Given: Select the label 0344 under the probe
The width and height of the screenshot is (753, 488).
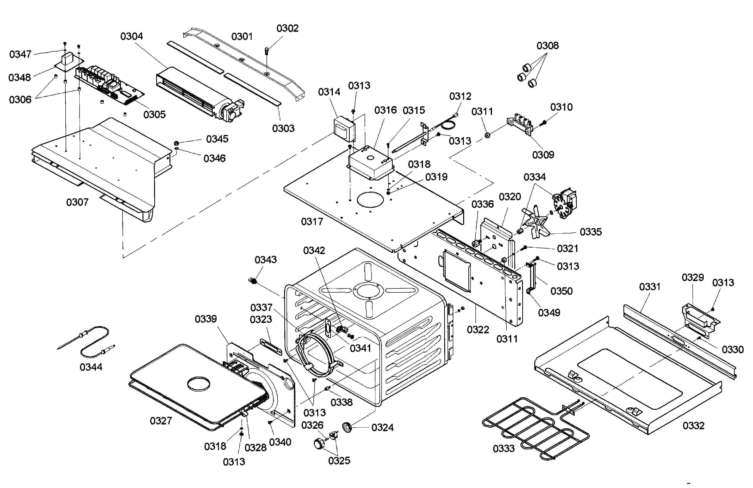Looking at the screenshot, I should coord(91,367).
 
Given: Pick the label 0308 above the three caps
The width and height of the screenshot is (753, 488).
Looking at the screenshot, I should coord(547,46).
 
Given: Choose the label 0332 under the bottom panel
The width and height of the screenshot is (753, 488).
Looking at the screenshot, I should coord(693,426).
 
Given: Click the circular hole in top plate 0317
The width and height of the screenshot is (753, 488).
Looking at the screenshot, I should coord(370,199).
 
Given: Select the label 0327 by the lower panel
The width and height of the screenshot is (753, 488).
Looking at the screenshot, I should coord(161,421).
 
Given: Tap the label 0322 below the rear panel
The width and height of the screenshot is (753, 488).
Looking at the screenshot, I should coord(478,330).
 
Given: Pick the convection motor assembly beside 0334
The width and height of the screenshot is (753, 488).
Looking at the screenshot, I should coord(565,203).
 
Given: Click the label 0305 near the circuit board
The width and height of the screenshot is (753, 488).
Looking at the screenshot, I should coord(154,114).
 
